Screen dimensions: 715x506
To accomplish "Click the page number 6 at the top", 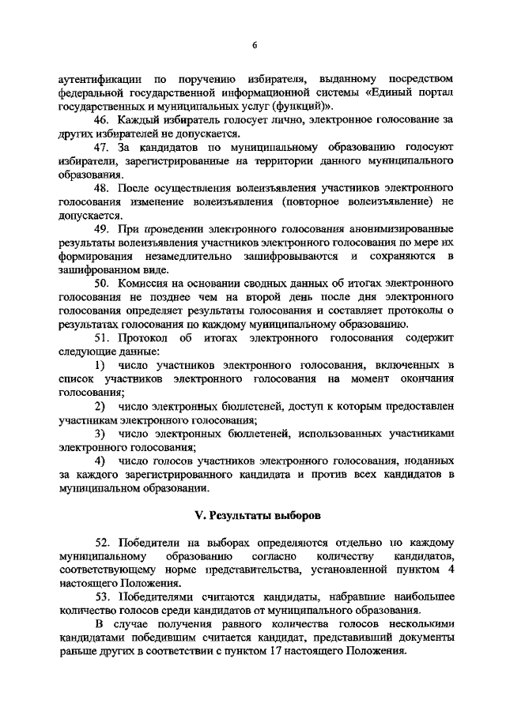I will point(255,45).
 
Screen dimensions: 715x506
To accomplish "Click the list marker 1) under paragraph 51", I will point(100,366).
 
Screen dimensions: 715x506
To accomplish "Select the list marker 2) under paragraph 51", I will point(100,406).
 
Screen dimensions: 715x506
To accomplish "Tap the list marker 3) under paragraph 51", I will point(100,434).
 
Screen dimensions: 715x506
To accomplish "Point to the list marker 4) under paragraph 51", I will point(100,461).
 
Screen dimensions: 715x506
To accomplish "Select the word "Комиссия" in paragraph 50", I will point(143,284).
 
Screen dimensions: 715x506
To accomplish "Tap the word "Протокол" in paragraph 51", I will point(141,338).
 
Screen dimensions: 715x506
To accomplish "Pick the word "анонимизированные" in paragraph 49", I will point(402,229).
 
